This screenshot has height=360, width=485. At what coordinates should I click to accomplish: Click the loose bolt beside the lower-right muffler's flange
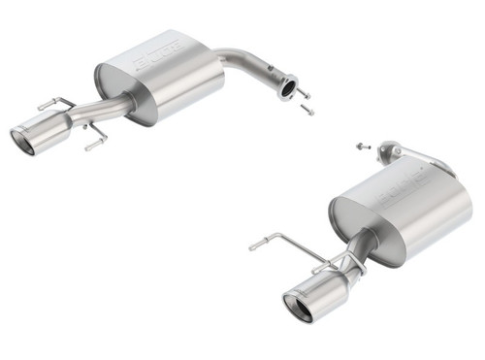(x=360, y=146)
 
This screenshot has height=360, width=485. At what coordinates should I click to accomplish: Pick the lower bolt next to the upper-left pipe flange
(x=307, y=109)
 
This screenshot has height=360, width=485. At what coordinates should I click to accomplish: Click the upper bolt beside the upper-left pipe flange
(x=304, y=93)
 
